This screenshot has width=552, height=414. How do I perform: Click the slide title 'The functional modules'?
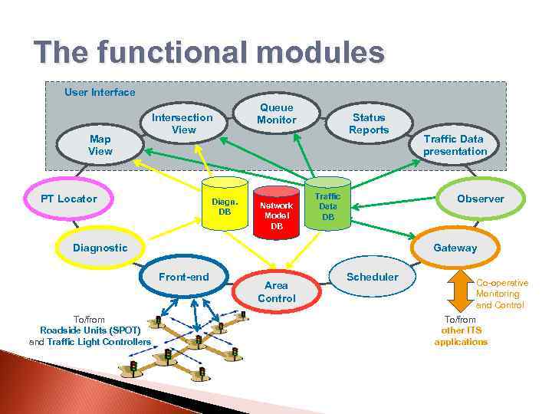click(x=209, y=54)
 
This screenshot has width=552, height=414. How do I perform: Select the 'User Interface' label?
click(x=100, y=92)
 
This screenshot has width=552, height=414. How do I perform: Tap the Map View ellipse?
click(x=100, y=145)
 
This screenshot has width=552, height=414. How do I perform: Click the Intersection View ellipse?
click(x=182, y=123)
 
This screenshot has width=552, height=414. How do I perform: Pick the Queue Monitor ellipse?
click(x=276, y=114)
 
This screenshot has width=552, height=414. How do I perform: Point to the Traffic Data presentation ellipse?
click(x=455, y=145)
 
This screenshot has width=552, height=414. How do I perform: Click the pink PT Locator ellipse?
click(x=69, y=199)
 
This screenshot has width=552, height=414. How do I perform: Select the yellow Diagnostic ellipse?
click(x=100, y=248)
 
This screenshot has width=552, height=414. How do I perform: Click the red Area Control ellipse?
click(x=276, y=291)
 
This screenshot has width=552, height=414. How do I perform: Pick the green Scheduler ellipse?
click(x=373, y=277)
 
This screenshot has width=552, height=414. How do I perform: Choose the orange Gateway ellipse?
click(x=455, y=248)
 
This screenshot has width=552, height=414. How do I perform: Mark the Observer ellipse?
click(x=481, y=199)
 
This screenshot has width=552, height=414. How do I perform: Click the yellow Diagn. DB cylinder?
click(x=225, y=203)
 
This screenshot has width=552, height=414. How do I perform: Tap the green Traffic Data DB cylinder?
click(x=327, y=204)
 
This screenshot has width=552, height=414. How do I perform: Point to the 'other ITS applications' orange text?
click(x=460, y=336)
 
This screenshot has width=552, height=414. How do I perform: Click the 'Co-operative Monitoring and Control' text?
click(x=501, y=294)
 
